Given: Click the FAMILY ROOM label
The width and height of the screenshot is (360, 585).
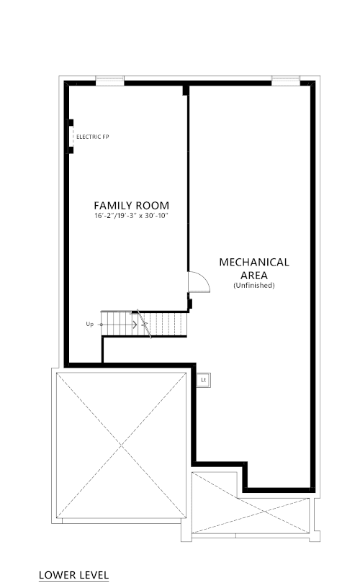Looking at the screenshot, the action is coord(132,206).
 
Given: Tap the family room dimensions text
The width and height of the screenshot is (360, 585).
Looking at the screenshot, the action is coord(132,216).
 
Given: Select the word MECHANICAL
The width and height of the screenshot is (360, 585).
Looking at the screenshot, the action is coord(254,263).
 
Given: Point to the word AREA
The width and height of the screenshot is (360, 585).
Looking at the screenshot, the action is coord(254,276).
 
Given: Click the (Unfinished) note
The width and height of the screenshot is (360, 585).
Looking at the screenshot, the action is coord(254,286).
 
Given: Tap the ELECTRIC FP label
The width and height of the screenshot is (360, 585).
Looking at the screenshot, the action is coord(93,137).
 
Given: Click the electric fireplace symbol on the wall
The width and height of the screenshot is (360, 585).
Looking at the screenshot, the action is coord(70,137).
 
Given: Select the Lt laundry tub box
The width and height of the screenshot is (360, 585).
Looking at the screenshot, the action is coord(204,380).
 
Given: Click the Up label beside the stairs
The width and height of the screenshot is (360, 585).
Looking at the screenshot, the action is coord(89,325).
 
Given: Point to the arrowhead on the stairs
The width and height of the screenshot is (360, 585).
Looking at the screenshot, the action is coord(135,325).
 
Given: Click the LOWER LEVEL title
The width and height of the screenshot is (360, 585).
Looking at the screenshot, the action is coord(74,575).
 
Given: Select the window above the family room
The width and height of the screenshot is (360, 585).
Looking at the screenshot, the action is coord(109,81).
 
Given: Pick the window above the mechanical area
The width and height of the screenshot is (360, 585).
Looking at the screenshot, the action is coord(286,81).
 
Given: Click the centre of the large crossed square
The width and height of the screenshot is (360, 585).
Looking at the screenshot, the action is coord(121,445).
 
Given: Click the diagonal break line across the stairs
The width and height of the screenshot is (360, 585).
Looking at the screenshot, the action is coord(144,324).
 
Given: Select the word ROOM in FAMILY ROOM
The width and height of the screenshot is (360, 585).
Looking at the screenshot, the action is coord(152,206).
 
